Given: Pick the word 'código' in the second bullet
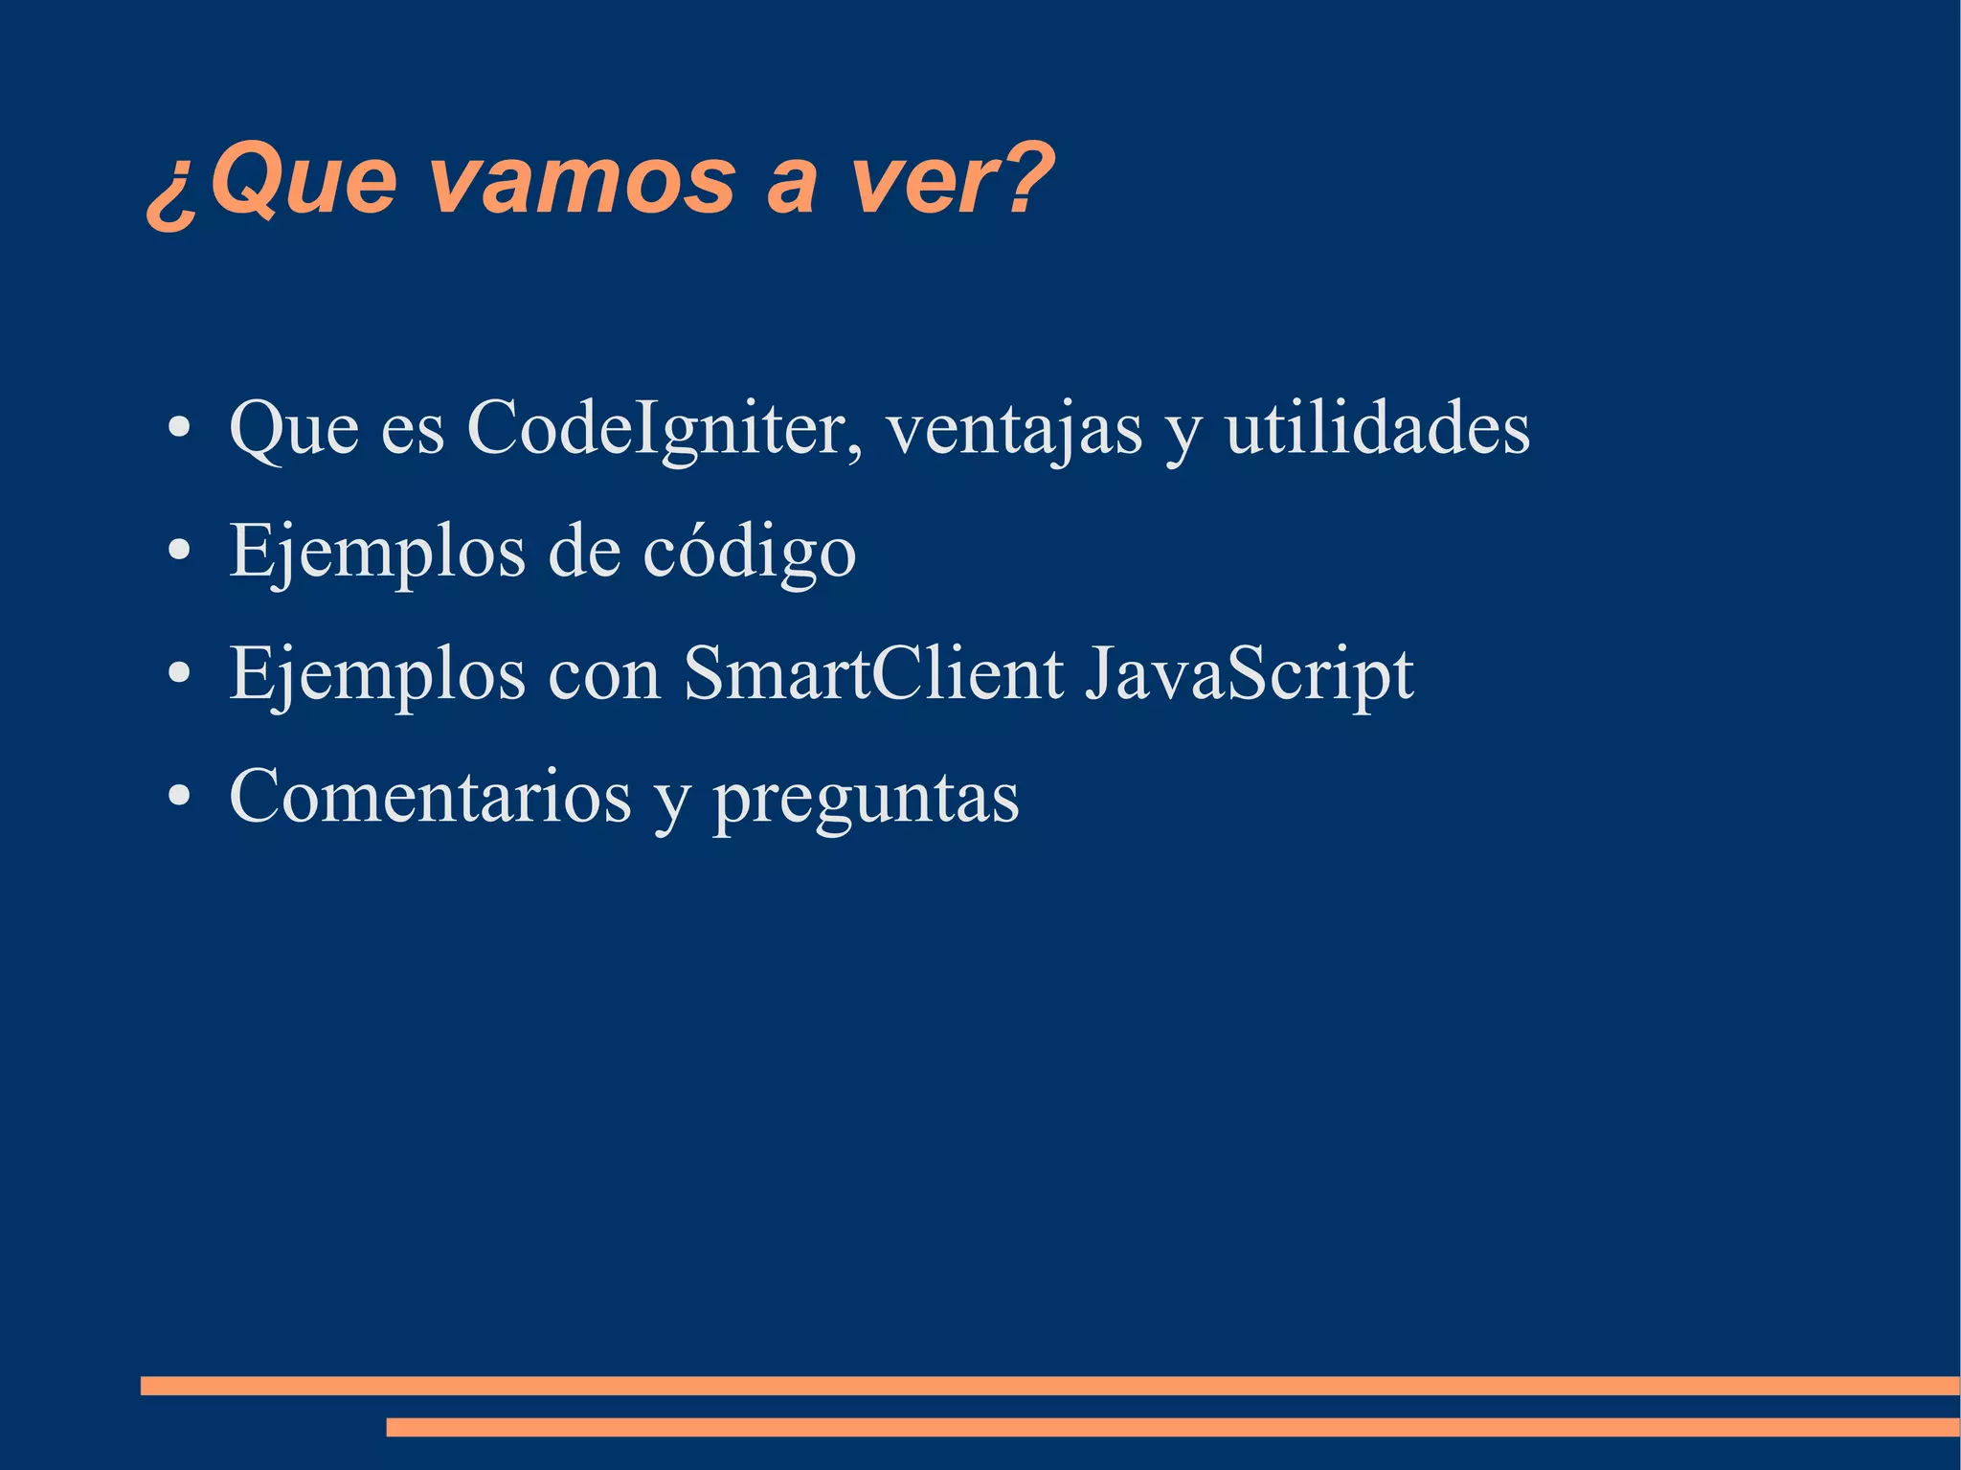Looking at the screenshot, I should click(x=749, y=554).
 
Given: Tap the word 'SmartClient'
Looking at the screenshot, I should click(x=873, y=674).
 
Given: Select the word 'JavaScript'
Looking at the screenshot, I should click(x=1250, y=676).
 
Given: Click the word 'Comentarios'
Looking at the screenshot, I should click(x=430, y=797).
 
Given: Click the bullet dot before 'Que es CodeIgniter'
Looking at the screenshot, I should click(x=178, y=428).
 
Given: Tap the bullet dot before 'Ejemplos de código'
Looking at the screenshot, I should click(x=178, y=551).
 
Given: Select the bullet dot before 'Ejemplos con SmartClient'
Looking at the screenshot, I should click(x=178, y=673).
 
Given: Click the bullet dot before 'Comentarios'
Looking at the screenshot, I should click(x=178, y=796).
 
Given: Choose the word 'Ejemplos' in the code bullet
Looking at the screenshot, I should click(x=377, y=554).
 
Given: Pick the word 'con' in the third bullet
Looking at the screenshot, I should click(x=604, y=676).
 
